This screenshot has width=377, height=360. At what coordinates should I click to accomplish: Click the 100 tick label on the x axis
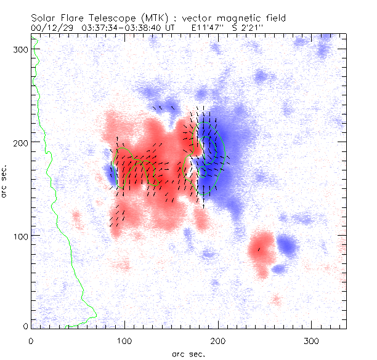[124, 340]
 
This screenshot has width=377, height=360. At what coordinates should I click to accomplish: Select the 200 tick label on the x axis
[218, 340]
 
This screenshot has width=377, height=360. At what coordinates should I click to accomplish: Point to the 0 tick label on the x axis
[31, 340]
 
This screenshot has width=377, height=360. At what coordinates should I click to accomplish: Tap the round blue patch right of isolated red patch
[286, 246]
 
